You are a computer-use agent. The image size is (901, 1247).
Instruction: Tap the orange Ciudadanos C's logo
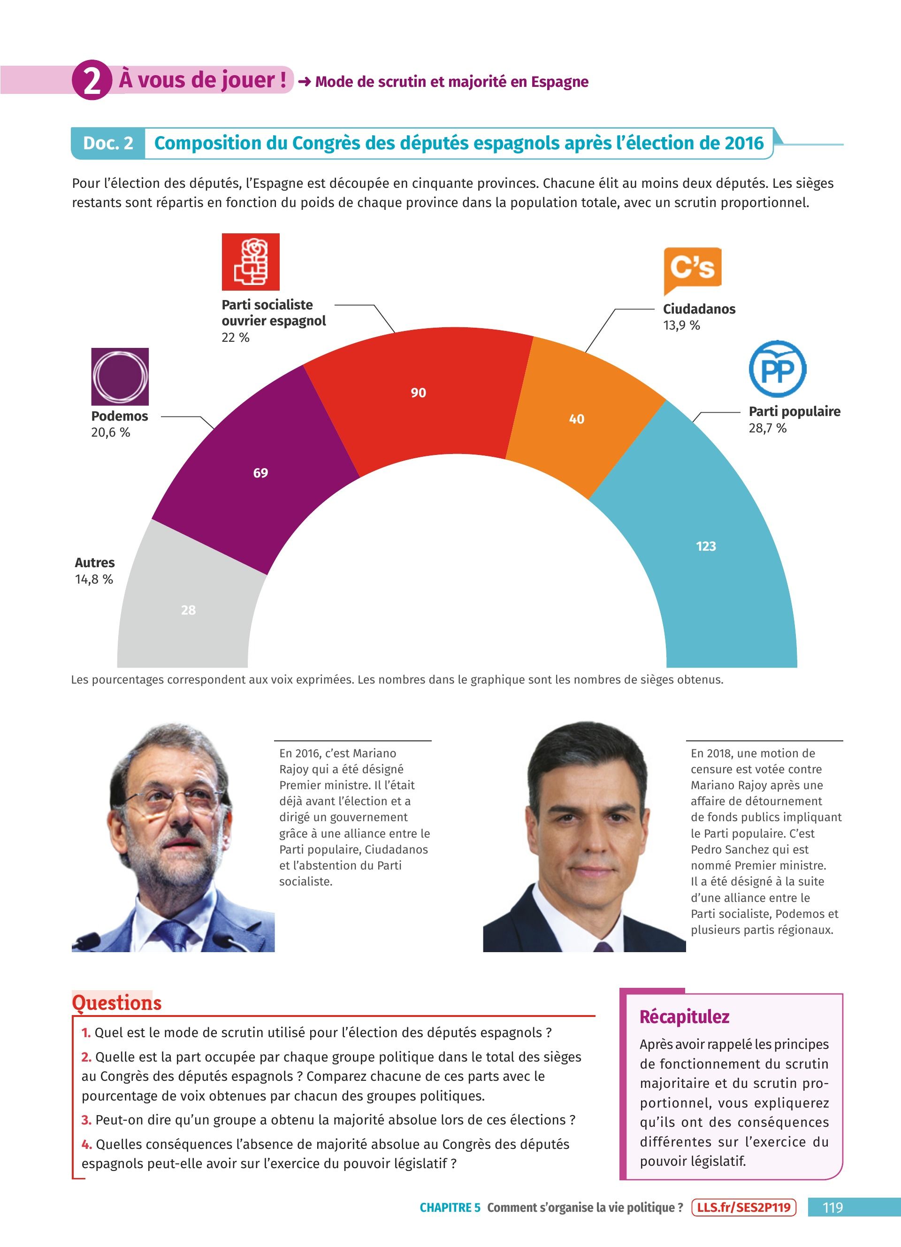(692, 269)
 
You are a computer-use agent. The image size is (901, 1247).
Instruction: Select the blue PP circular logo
(778, 369)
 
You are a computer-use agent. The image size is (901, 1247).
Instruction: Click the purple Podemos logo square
(120, 377)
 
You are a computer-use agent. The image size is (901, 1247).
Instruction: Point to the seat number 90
(418, 393)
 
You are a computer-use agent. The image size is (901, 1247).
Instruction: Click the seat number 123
(706, 546)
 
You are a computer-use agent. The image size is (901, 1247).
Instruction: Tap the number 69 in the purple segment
(260, 473)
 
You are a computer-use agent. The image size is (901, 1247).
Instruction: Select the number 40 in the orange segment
(576, 419)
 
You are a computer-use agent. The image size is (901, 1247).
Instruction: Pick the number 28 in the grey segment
(189, 610)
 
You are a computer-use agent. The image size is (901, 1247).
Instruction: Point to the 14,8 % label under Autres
(94, 579)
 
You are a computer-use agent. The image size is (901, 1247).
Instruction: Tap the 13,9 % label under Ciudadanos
(681, 325)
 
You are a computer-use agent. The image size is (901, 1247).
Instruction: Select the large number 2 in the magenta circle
(92, 80)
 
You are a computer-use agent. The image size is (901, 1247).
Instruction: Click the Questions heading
(116, 1002)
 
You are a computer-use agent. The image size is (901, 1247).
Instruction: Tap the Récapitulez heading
(684, 1016)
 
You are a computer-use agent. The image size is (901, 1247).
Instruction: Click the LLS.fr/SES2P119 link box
(743, 1208)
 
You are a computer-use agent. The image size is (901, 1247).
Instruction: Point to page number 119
(832, 1208)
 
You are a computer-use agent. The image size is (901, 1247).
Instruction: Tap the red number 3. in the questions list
(86, 1120)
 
